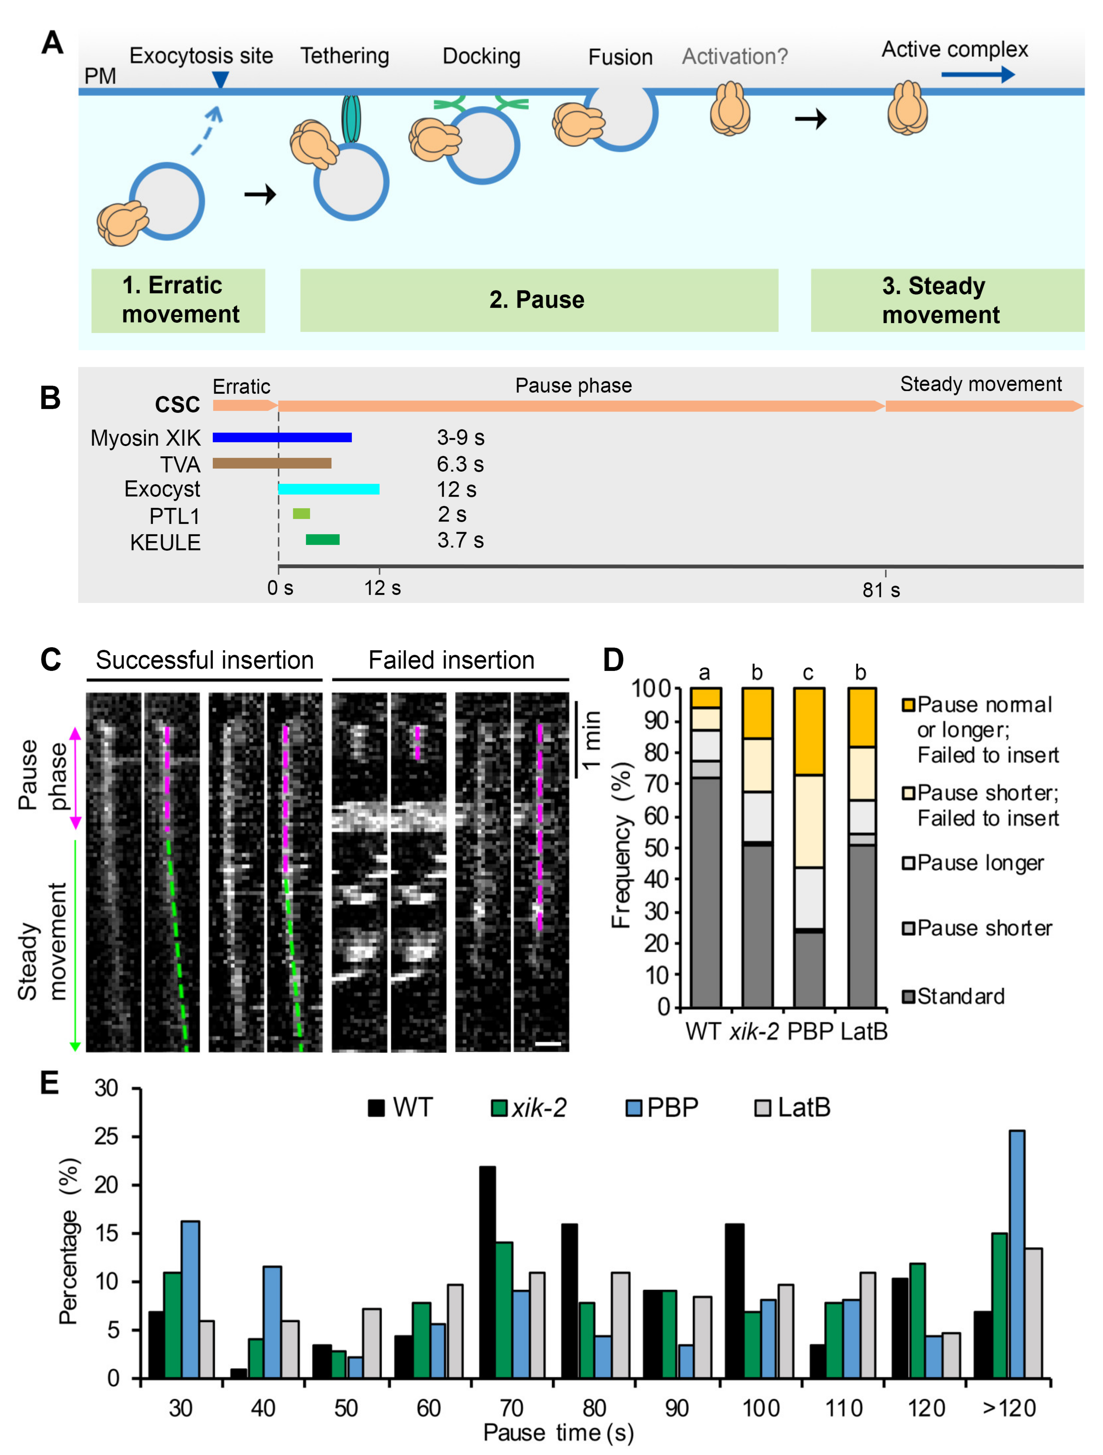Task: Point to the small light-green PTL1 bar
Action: pos(301,514)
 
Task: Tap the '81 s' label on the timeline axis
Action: pos(881,590)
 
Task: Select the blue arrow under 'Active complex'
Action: pos(978,74)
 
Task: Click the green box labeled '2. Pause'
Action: pos(539,300)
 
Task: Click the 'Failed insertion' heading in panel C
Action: pos(451,660)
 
